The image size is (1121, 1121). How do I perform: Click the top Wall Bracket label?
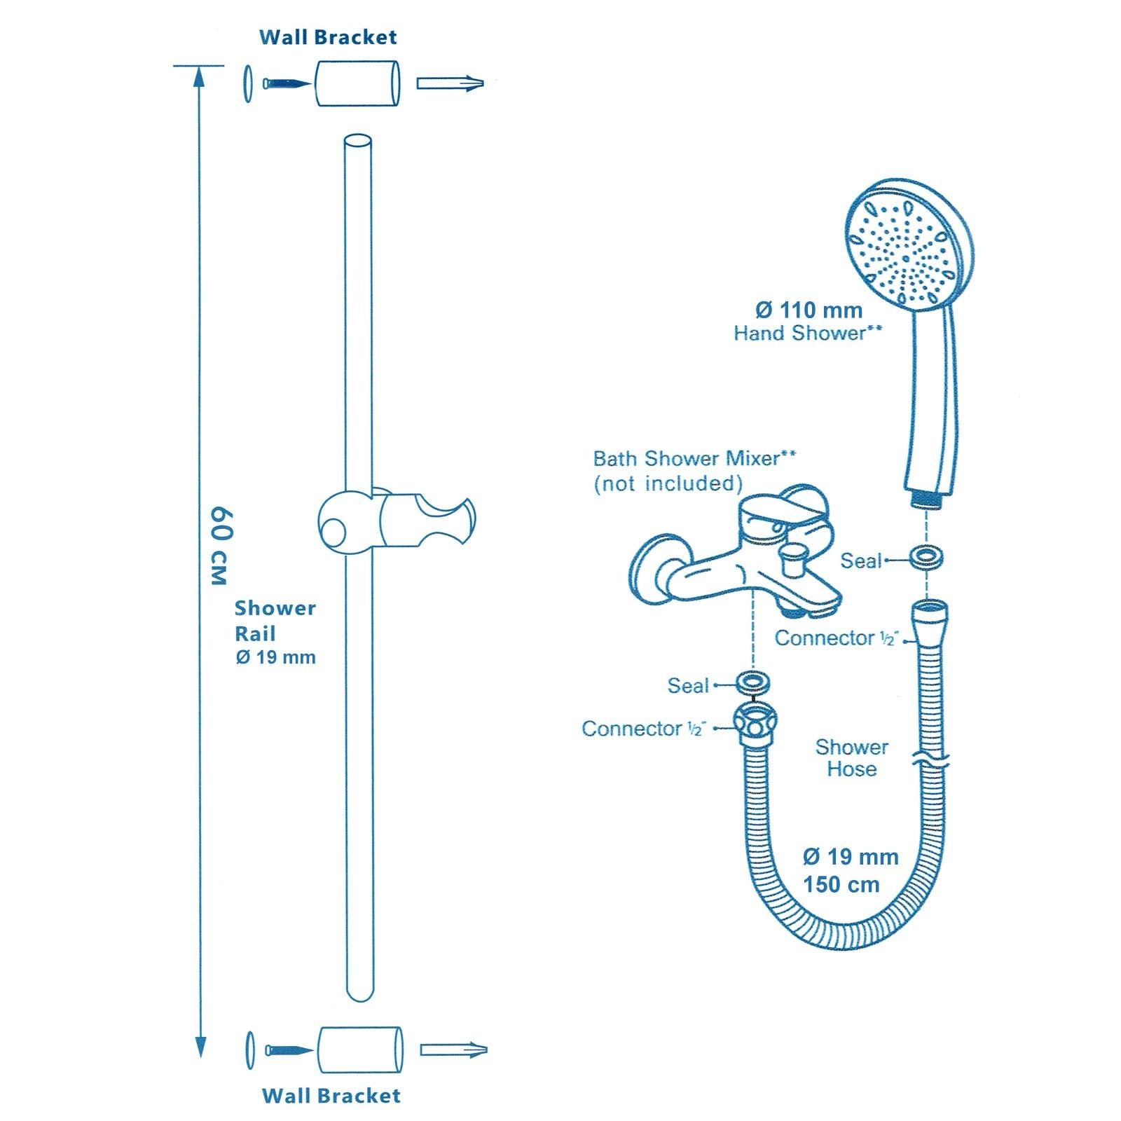coord(328,37)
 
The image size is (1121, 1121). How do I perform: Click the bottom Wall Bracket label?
coord(331,1096)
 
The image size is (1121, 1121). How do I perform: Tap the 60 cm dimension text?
coord(219,545)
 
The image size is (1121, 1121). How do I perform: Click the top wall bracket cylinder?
coord(357,83)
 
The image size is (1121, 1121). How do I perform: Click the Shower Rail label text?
coord(275,621)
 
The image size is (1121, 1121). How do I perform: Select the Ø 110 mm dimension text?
coord(809,310)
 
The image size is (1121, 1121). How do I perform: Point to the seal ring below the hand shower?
coord(926,558)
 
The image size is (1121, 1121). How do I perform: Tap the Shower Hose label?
coord(851,757)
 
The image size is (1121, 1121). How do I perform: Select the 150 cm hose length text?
coord(841,884)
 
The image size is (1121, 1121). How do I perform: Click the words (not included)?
coord(668,483)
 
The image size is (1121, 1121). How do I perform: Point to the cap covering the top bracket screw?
coord(248,83)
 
